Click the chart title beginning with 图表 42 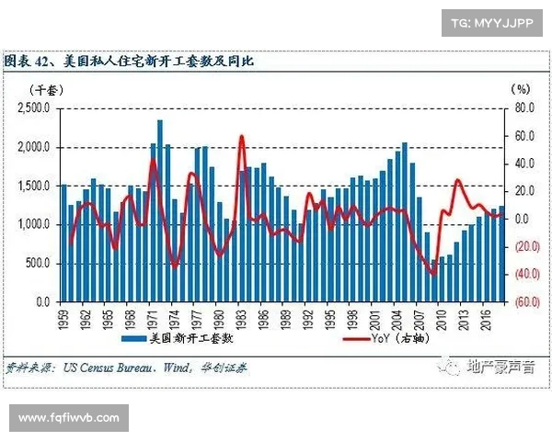[129, 62]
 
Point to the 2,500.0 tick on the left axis [35, 108]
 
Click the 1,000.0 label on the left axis [35, 224]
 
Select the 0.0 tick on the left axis [42, 301]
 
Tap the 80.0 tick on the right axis [523, 108]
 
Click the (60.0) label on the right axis [526, 301]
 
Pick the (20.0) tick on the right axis [526, 246]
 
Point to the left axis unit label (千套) [42, 89]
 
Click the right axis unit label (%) [521, 89]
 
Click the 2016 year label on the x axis [488, 321]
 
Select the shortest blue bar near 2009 [434, 280]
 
